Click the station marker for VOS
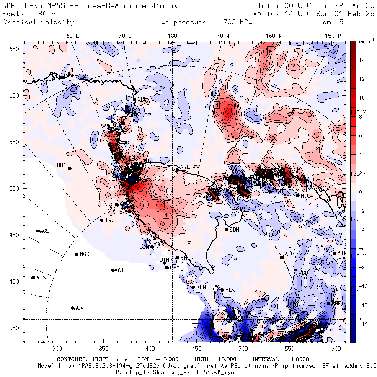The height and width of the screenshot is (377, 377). pos(33,278)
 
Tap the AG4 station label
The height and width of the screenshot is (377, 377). pos(79,308)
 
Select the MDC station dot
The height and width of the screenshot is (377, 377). pos(70,168)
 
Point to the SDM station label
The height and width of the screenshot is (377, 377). pos(235,230)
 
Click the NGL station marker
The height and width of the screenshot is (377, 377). pos(177,170)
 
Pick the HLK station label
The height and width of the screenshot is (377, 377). pos(230,290)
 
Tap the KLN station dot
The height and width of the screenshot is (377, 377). pos(193,287)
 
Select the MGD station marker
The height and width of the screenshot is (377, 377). pos(77,254)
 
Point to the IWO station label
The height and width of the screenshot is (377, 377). pos(110,220)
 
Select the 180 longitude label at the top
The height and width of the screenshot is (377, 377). pos(172,36)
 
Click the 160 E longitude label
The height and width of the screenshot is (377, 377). pos(71,36)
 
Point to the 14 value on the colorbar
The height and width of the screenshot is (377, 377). pos(362,60)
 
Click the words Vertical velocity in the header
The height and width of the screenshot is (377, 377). pos(39,22)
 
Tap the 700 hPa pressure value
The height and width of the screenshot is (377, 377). pos(235,22)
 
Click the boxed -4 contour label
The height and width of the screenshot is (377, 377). pos(196,327)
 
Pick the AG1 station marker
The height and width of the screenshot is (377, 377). pos(113,270)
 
